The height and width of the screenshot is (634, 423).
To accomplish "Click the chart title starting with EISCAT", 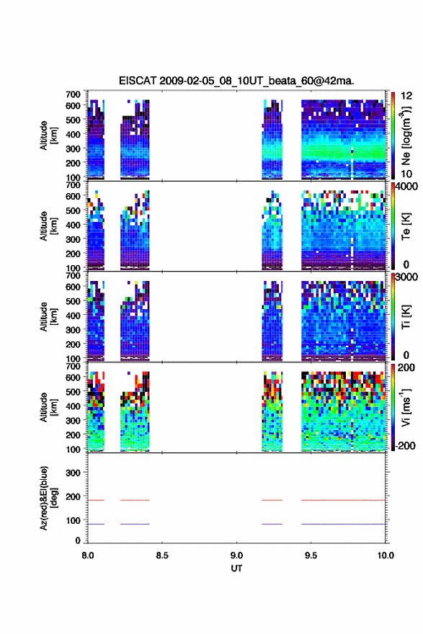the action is [236, 81].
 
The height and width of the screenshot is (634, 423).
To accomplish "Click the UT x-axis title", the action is [236, 568].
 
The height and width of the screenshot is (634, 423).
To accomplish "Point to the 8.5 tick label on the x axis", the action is [161, 555].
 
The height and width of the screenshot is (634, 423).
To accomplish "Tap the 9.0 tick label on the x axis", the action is [236, 555].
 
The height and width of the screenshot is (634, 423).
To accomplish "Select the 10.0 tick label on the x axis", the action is [386, 555].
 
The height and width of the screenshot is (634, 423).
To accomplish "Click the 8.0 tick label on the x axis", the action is [88, 555].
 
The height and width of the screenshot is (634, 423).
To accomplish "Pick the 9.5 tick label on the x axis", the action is [311, 555].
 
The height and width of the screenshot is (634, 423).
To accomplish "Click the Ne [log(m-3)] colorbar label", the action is [406, 136].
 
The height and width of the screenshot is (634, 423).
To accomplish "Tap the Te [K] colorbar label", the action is [406, 226].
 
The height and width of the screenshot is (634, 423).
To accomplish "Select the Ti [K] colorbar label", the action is [406, 316].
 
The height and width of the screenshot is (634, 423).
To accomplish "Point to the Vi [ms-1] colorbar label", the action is [406, 407].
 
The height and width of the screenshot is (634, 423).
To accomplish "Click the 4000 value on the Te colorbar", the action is [406, 187].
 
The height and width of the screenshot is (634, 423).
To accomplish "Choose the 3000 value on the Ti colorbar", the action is [406, 277].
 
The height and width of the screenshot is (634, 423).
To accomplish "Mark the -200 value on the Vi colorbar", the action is [404, 445].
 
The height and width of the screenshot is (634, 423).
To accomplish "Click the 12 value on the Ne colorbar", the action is [406, 96].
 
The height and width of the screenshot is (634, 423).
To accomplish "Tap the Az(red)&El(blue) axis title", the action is [49, 498].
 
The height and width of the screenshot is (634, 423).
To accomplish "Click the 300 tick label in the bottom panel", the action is [73, 473].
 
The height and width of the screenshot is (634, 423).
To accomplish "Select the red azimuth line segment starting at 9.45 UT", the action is [343, 500].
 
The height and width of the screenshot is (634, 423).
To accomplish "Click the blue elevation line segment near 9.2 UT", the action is [272, 524].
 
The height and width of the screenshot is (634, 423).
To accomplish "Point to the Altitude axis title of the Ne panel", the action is [49, 135].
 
